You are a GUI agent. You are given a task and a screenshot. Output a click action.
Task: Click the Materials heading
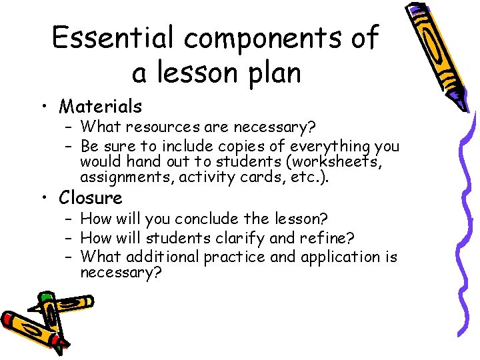click(x=100, y=106)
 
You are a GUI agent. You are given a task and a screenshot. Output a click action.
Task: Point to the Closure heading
click(x=91, y=198)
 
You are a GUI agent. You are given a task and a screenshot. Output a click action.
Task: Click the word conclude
click(x=193, y=219)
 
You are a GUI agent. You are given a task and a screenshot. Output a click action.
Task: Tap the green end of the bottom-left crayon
click(x=46, y=296)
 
